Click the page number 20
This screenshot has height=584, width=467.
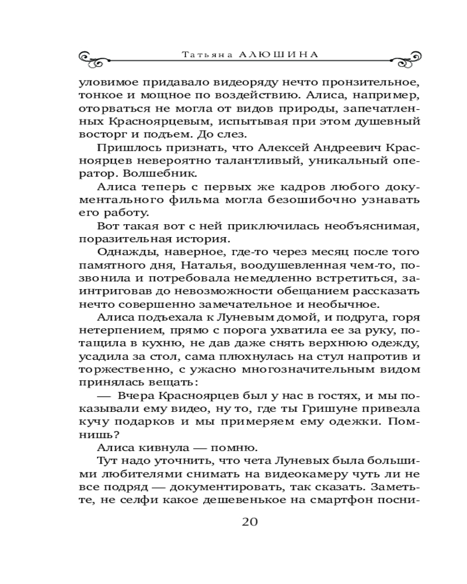point(249,522)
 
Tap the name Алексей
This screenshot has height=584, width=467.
point(220,148)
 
